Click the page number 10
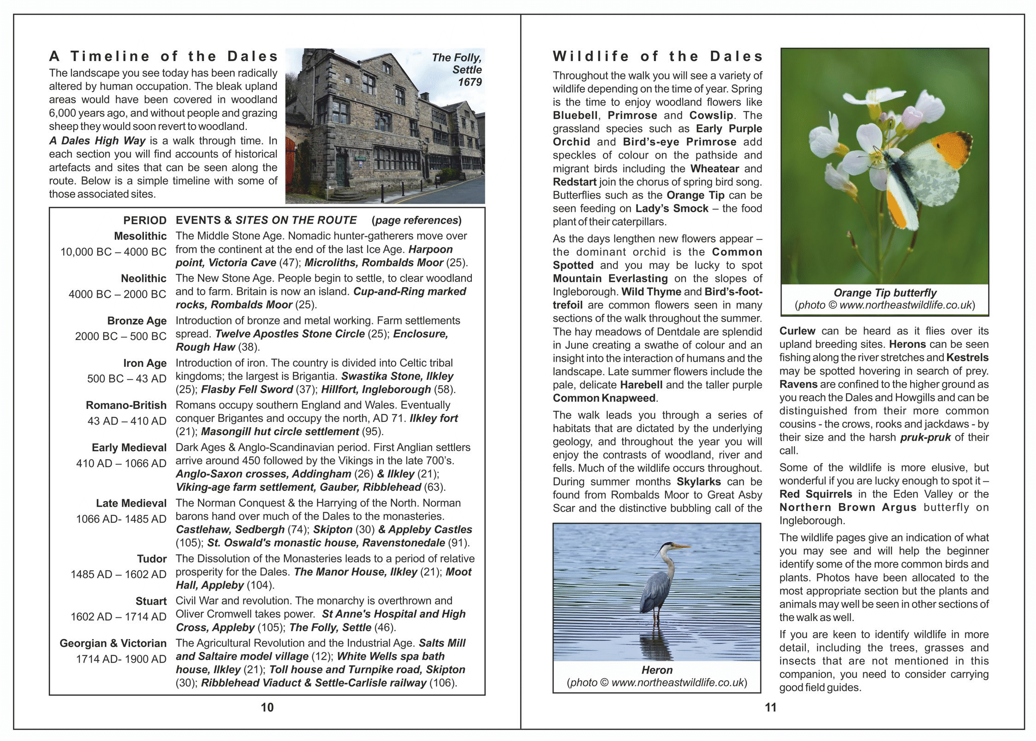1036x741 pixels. coord(267,707)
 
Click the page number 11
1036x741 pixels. coord(770,707)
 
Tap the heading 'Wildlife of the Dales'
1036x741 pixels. coord(657,56)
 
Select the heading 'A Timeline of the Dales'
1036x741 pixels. coord(163,56)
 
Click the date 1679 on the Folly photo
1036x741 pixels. coord(470,82)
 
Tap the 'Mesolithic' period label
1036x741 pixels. coord(140,236)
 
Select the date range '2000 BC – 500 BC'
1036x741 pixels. coord(120,336)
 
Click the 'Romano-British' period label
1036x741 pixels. coord(126,405)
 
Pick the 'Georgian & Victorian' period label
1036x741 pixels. coord(113,643)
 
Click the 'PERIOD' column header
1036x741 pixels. coord(144,221)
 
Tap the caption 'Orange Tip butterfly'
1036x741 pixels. coord(884,293)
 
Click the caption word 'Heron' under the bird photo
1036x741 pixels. coord(656,670)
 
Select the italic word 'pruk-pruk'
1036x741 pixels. coord(925,437)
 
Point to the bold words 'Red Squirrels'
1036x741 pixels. coord(816,494)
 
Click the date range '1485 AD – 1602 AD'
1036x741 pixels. coord(118,574)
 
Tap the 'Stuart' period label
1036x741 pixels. coord(151,601)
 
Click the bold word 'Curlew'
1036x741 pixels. coord(797,331)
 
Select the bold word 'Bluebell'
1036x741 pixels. coord(575,115)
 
